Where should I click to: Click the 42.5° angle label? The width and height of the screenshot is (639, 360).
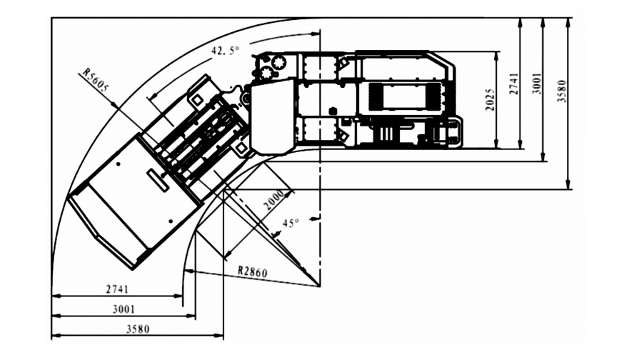coord(225,51)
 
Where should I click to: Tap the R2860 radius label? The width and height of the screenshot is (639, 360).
coord(253,271)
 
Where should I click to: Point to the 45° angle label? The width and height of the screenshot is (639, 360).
coord(291,224)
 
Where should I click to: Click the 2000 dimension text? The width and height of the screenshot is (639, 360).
coord(273,199)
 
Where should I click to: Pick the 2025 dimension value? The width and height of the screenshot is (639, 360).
coord(490,99)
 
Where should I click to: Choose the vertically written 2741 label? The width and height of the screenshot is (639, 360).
coord(514,84)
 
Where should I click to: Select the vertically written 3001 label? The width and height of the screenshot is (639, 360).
coord(537,84)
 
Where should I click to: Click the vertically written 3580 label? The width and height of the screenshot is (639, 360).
coord(562,91)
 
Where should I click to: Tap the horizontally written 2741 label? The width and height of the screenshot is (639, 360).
coord(117,289)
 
